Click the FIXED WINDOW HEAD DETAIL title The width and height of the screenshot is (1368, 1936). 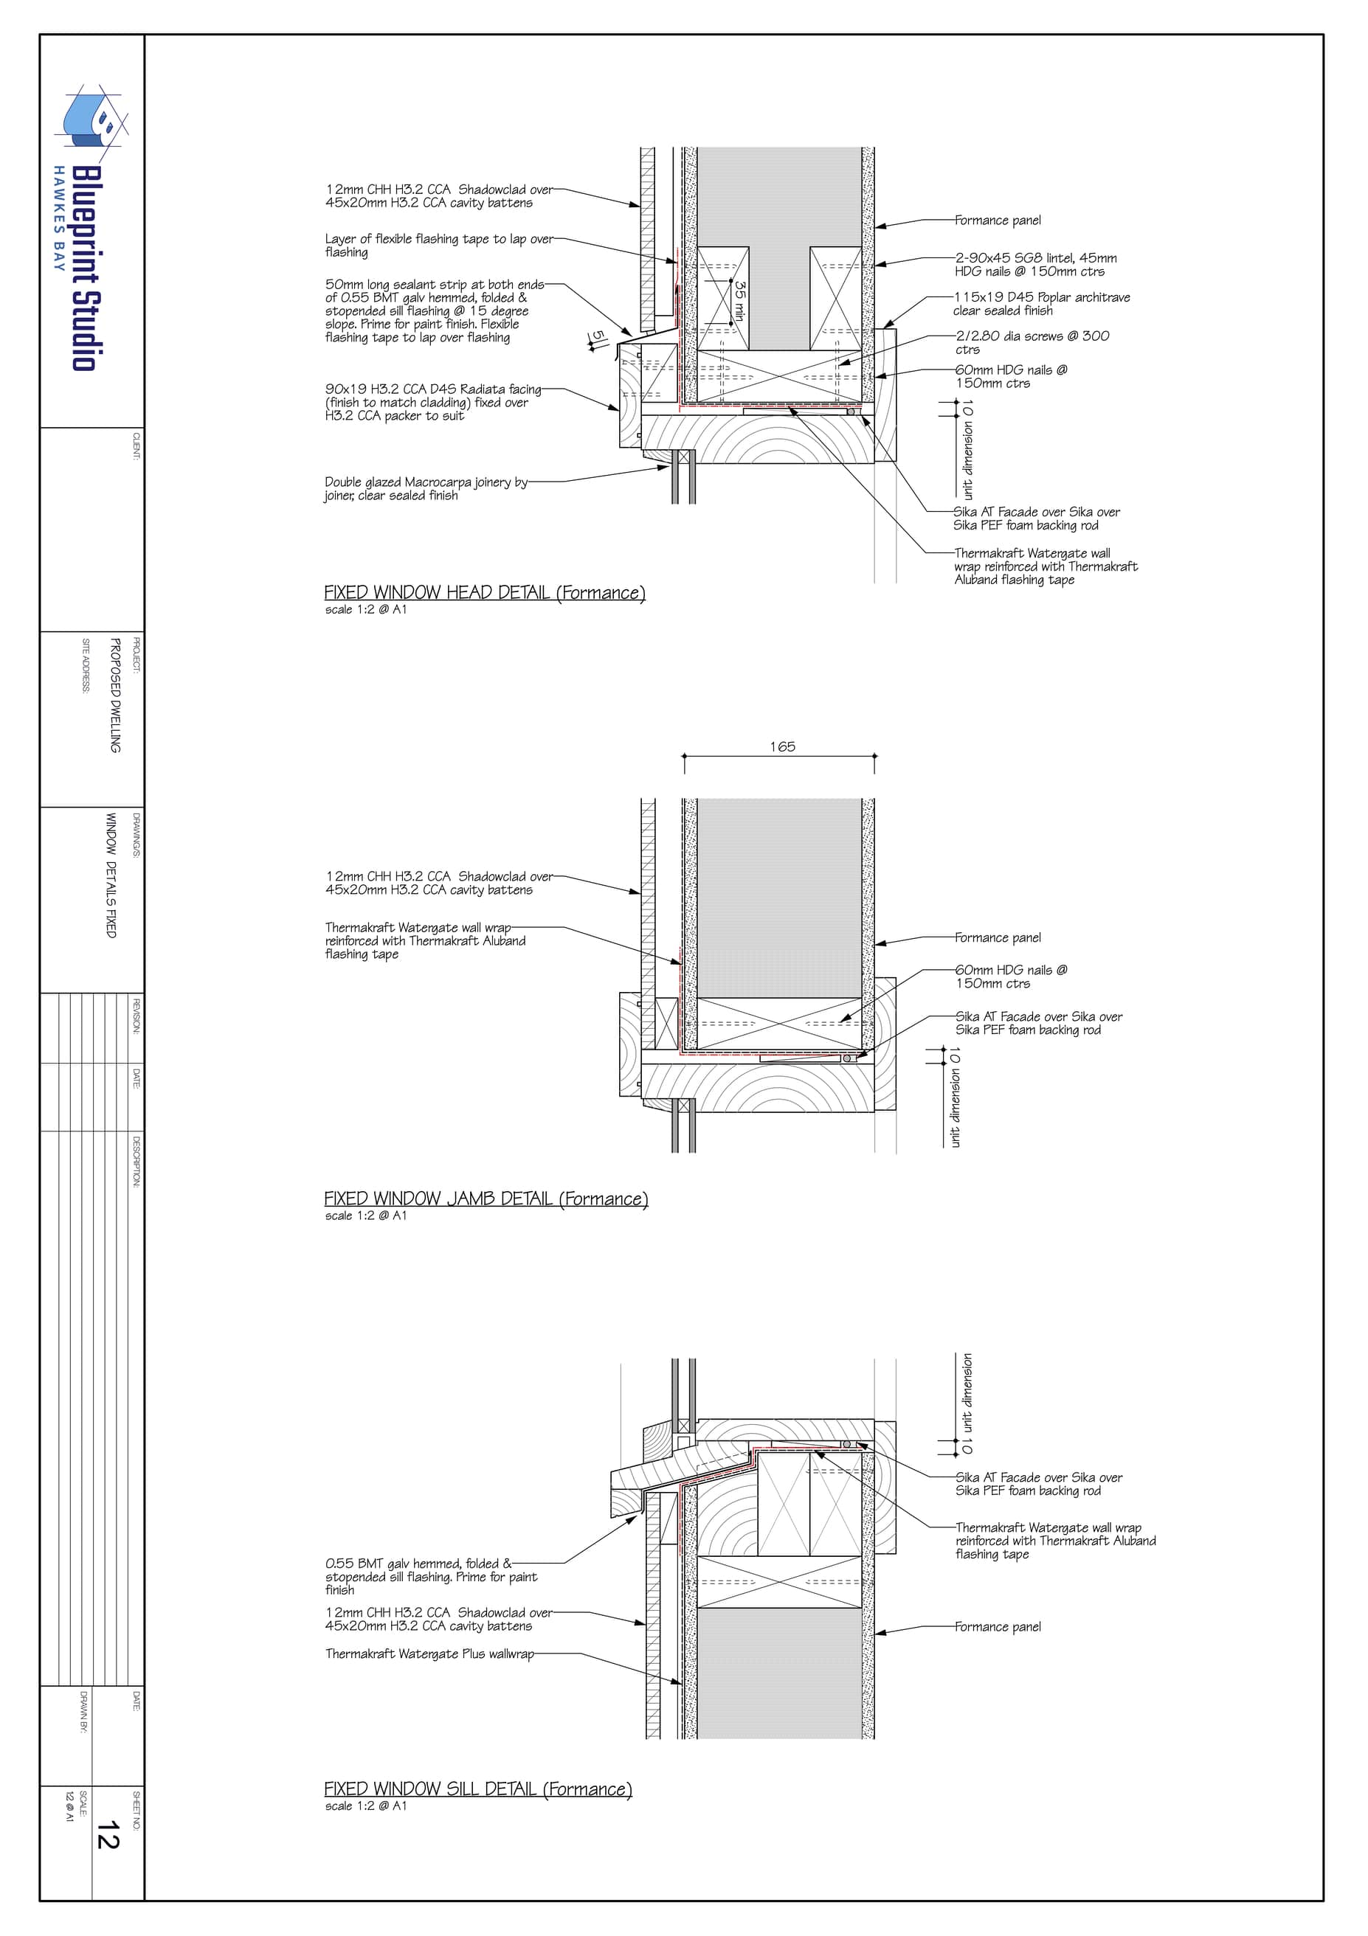(485, 593)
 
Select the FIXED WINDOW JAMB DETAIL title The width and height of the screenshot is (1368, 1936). (486, 1199)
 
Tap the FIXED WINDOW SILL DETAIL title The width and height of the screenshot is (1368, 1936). (478, 1789)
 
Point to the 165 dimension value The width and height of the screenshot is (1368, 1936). (782, 747)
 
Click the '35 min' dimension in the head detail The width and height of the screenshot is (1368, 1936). (739, 300)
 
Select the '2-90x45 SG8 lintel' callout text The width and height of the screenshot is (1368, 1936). (1036, 265)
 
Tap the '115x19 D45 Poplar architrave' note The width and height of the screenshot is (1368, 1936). (1042, 304)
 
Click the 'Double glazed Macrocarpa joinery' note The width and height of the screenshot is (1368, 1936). (426, 489)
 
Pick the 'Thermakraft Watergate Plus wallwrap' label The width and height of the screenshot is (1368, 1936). (430, 1654)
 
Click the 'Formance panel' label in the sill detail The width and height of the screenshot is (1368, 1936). (998, 1626)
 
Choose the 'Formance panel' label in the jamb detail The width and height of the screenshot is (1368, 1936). (998, 937)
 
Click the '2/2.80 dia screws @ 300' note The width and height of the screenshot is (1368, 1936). (1032, 342)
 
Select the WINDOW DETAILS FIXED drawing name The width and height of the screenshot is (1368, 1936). (111, 875)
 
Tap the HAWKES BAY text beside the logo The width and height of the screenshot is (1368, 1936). (59, 218)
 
